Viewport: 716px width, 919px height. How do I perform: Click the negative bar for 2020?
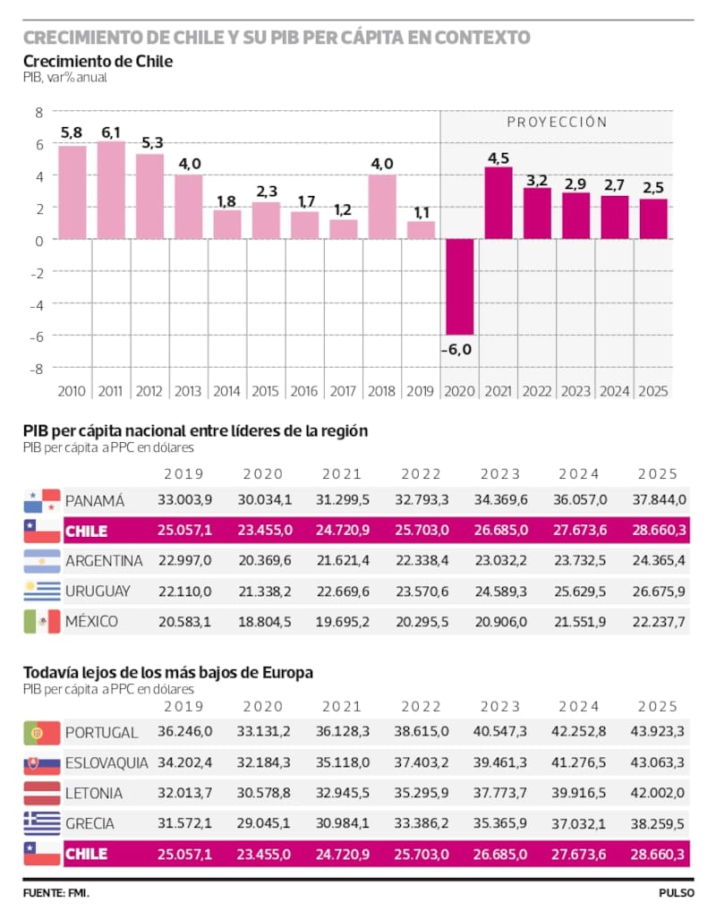click(460, 287)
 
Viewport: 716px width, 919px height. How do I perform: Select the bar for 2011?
click(111, 190)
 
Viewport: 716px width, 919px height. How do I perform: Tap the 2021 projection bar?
click(499, 203)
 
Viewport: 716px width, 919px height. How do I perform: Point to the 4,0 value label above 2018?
click(382, 164)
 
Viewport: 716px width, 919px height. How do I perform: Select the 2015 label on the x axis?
click(266, 391)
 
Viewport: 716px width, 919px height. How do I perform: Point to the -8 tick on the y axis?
click(38, 369)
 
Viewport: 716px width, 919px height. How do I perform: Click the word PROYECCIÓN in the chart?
click(557, 122)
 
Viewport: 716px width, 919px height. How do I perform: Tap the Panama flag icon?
click(42, 501)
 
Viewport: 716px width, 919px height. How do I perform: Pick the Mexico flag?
click(42, 621)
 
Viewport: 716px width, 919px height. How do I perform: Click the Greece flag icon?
click(42, 823)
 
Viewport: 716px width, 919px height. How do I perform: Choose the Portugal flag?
click(42, 733)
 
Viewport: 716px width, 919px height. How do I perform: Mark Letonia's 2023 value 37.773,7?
click(500, 793)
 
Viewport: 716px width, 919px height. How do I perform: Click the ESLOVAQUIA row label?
click(107, 763)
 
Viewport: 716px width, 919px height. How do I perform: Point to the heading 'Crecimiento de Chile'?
click(98, 62)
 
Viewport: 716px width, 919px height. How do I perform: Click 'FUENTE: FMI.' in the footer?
click(56, 893)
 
